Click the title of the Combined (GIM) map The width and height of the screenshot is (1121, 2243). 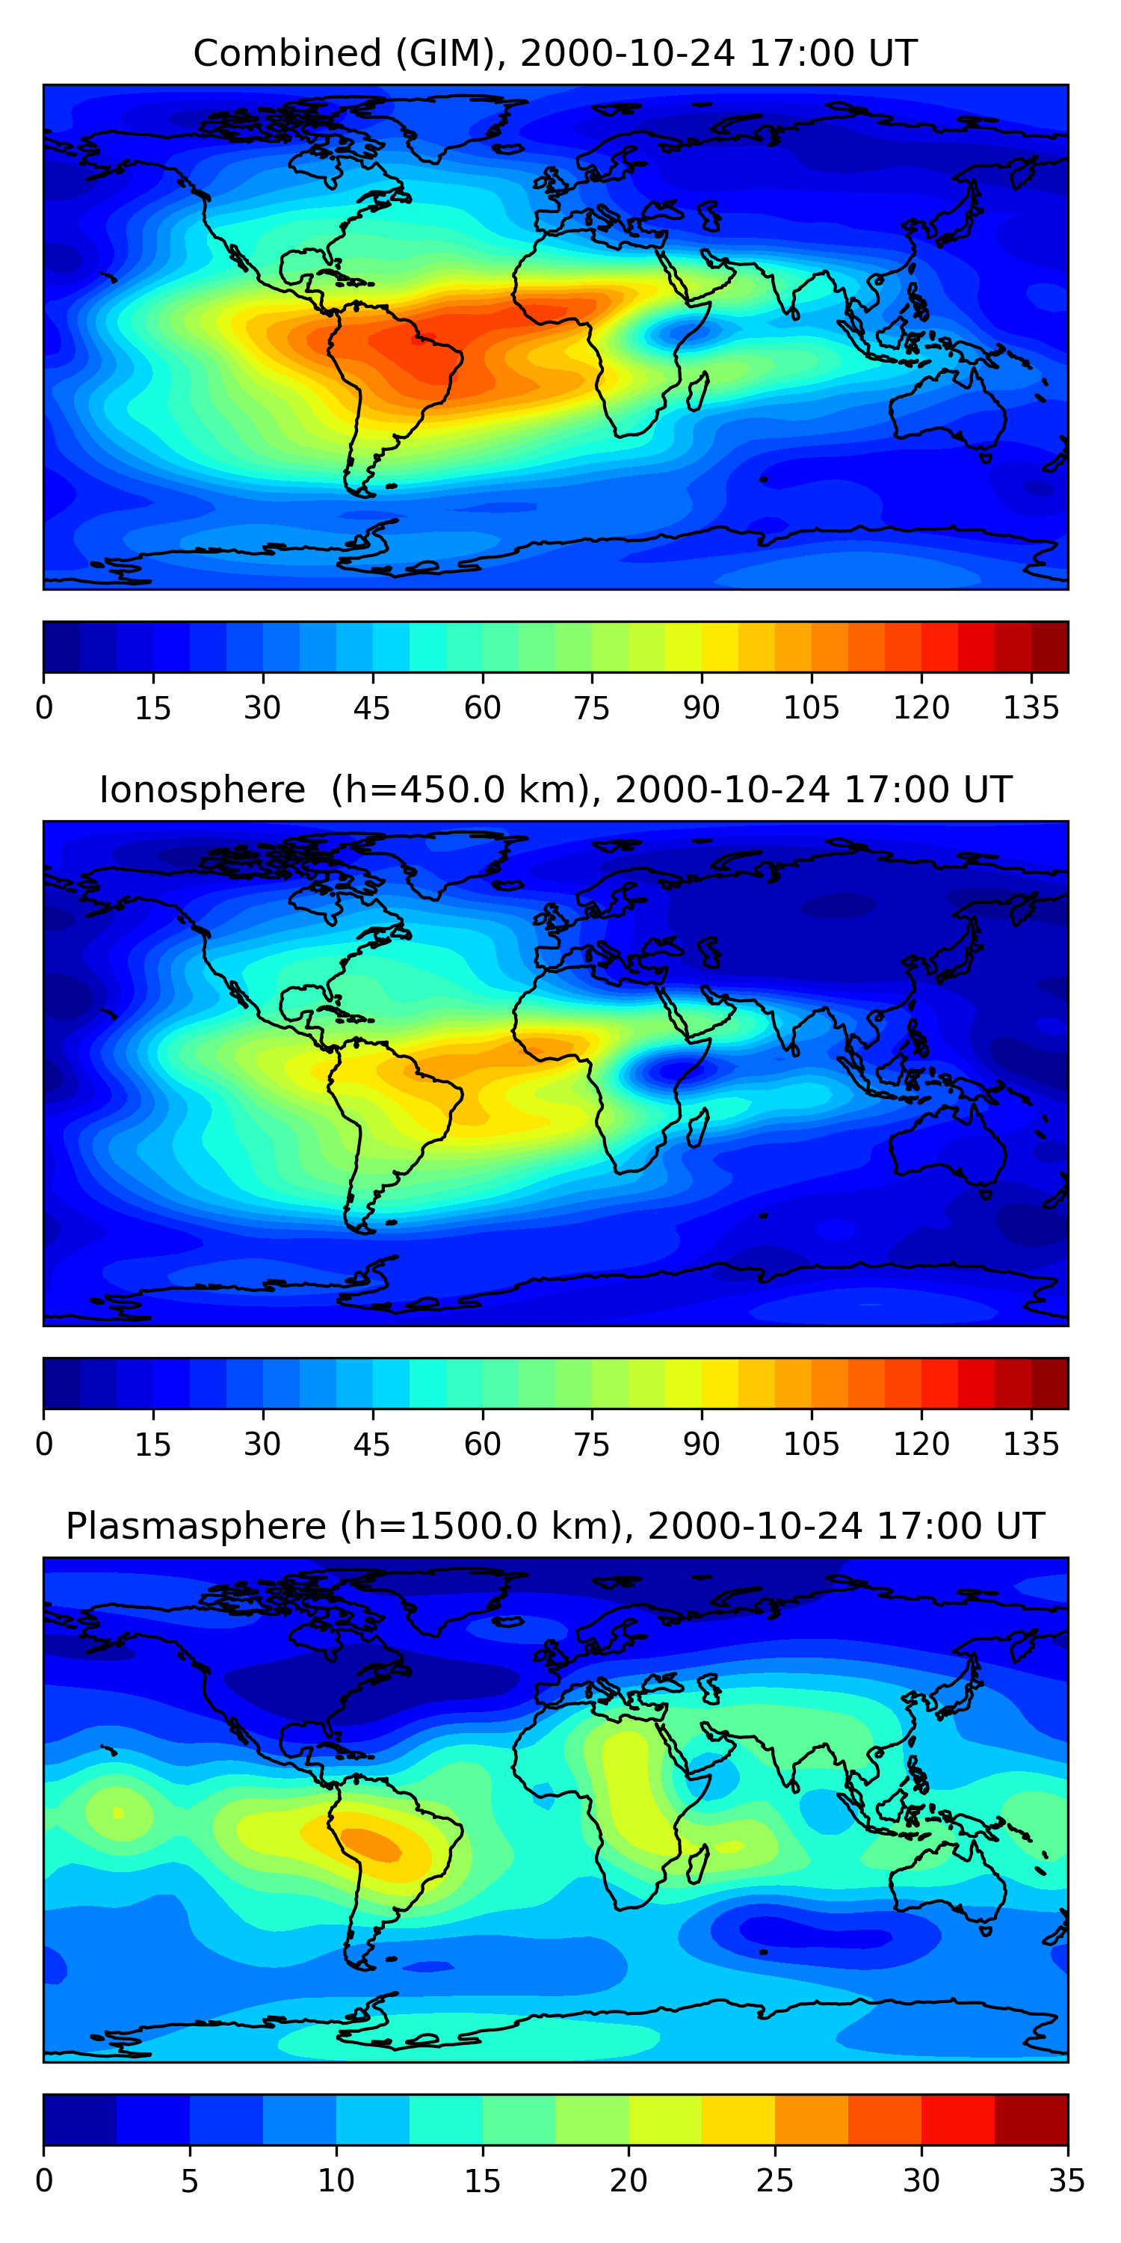[555, 53]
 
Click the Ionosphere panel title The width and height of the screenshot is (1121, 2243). [555, 790]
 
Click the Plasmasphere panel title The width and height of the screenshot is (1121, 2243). [555, 1527]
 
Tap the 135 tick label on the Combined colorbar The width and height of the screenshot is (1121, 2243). [1031, 708]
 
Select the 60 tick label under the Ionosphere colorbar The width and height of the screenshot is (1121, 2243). [482, 1444]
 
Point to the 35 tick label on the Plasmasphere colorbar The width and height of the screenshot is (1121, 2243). [1066, 2181]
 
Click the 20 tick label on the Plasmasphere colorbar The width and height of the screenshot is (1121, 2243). [629, 2181]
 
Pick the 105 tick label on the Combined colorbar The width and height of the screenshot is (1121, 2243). [811, 708]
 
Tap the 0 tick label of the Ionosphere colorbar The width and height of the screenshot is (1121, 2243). [44, 1444]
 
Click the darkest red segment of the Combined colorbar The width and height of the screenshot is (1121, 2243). [1050, 647]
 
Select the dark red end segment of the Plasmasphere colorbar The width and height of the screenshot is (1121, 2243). [1031, 2120]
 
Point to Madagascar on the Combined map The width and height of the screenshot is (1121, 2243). [698, 392]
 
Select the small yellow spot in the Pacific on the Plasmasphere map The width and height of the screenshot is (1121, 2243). [118, 1814]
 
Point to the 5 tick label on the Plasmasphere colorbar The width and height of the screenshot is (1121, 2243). [190, 2181]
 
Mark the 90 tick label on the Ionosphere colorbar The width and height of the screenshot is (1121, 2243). [702, 1444]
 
